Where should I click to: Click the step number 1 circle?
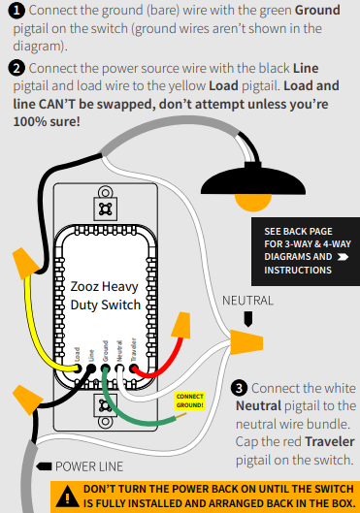point(16,11)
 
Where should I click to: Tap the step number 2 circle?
point(16,69)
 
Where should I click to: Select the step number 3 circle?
point(240,388)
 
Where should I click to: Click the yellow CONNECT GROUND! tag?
point(190,401)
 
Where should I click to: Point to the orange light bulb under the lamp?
point(253,202)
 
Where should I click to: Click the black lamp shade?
point(253,179)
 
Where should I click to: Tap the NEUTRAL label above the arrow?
point(247,301)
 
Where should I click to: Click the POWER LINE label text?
point(89,466)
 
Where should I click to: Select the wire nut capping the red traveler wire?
point(181,325)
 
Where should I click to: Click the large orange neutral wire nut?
point(246,342)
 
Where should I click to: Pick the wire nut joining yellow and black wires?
point(25,263)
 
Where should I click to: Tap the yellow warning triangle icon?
point(67,497)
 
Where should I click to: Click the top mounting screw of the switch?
point(106,192)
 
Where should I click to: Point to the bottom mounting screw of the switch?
point(106,422)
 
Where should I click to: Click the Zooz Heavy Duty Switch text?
point(105,296)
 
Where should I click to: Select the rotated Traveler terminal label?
point(134,350)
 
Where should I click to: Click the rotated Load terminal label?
point(77,355)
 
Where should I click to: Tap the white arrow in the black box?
point(343,257)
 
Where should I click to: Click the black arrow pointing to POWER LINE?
point(44,466)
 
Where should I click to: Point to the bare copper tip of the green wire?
point(181,416)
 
